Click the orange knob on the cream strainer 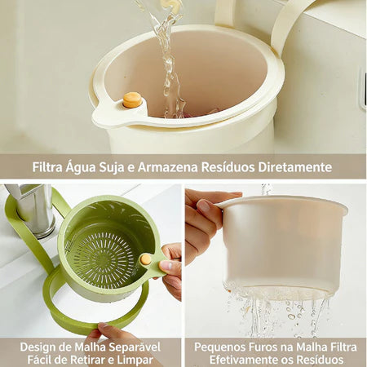point(131,99)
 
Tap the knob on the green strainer point(146,259)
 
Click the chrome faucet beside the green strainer point(33,208)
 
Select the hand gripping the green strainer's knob point(171,269)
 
